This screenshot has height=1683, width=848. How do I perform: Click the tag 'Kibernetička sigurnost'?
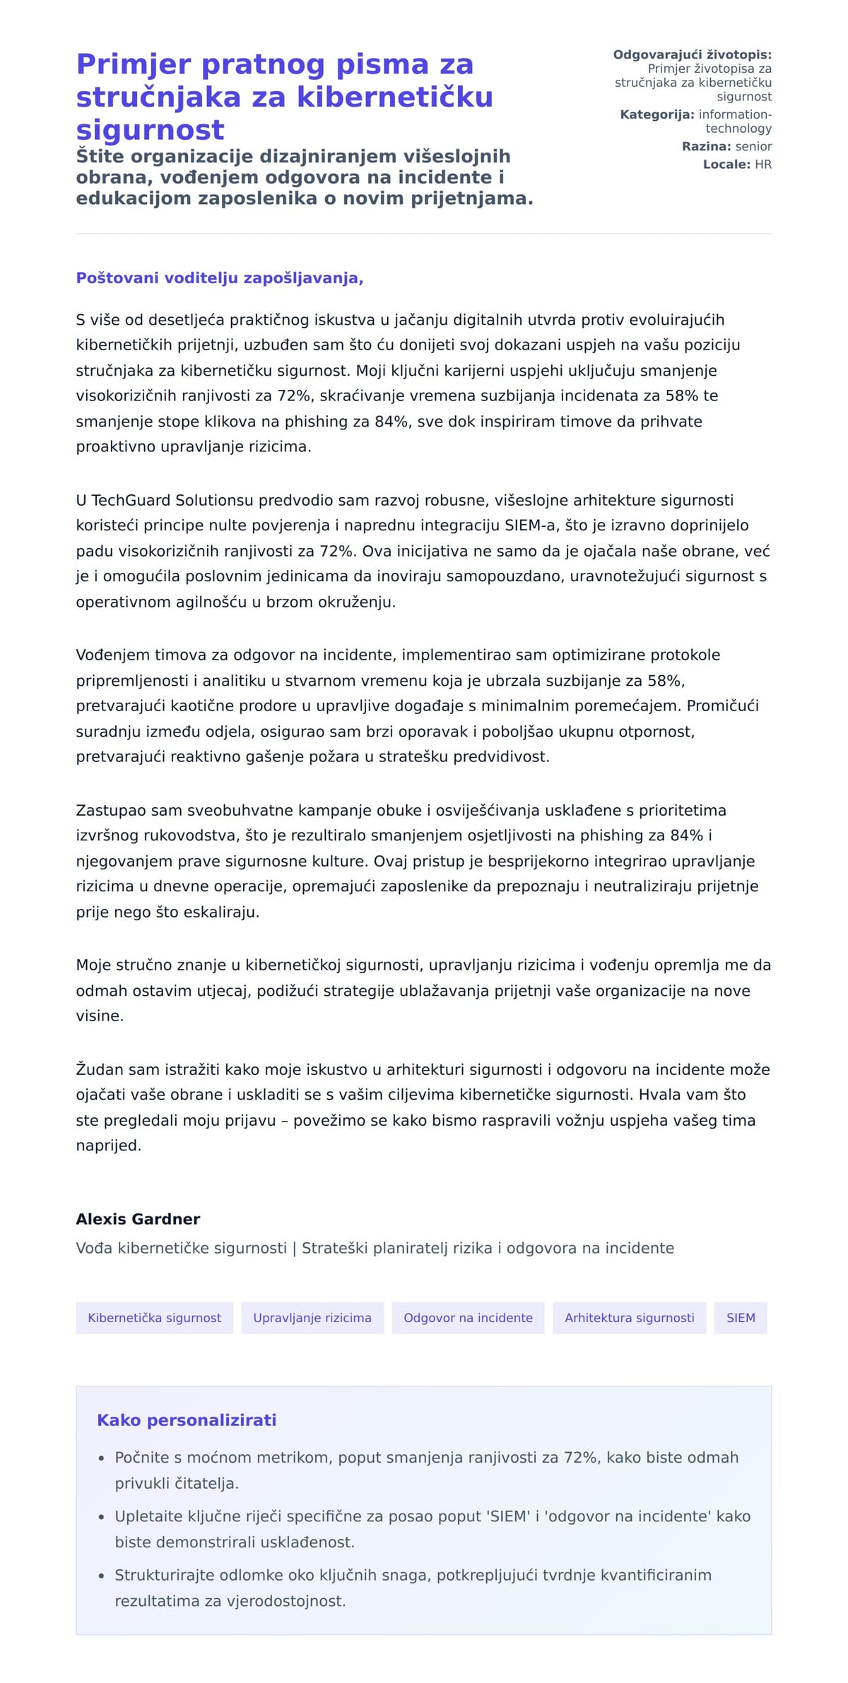tap(154, 1317)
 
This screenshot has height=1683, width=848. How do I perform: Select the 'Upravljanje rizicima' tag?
tap(312, 1317)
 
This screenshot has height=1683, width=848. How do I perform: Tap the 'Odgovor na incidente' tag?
tap(468, 1317)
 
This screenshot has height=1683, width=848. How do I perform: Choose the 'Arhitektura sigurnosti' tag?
tap(629, 1317)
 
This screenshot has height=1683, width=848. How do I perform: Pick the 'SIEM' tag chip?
tap(741, 1317)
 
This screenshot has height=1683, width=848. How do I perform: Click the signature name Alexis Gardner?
tap(138, 1219)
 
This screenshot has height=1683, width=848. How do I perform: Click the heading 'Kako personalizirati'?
tap(187, 1420)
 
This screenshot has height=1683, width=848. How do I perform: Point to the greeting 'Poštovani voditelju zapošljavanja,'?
tap(220, 278)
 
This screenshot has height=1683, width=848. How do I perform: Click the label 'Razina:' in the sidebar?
tap(706, 147)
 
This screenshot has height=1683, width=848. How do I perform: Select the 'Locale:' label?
tap(726, 165)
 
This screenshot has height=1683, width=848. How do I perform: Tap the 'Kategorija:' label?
tap(657, 114)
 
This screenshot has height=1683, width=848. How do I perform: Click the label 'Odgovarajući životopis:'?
tap(692, 54)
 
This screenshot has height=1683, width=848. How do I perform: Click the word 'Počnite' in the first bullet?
tap(142, 1457)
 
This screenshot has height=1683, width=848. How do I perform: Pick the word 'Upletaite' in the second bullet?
tap(147, 1516)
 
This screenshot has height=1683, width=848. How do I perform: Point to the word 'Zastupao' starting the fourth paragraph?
tap(109, 810)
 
